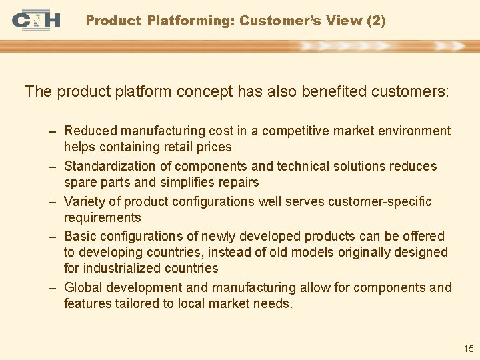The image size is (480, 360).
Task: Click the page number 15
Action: (x=468, y=349)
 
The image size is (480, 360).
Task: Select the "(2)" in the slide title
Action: (x=376, y=21)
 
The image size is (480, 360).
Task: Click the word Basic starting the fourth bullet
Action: (x=80, y=236)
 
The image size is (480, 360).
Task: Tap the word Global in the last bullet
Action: (x=83, y=287)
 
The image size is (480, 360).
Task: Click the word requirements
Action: (x=102, y=217)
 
